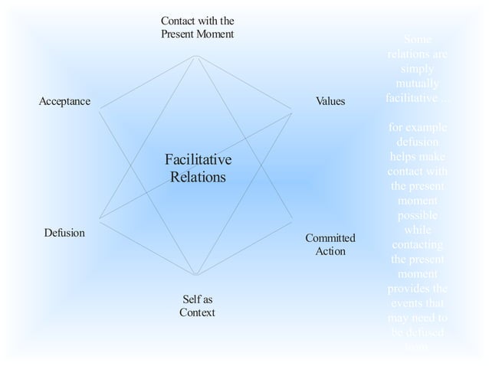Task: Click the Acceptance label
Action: pyautogui.click(x=64, y=102)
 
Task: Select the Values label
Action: pyautogui.click(x=330, y=102)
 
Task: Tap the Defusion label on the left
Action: pyautogui.click(x=64, y=232)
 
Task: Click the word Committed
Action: pyautogui.click(x=330, y=238)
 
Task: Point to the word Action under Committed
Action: pyautogui.click(x=330, y=251)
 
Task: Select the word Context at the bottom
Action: pyautogui.click(x=197, y=312)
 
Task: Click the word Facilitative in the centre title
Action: pyautogui.click(x=198, y=160)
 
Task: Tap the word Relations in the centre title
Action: pyautogui.click(x=198, y=177)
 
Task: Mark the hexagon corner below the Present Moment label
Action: pyautogui.click(x=197, y=55)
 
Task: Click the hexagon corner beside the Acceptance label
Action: pyautogui.click(x=100, y=106)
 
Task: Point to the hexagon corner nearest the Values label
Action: pyautogui.click(x=293, y=113)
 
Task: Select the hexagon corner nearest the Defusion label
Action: pyautogui.click(x=100, y=218)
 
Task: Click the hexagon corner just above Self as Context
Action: pyautogui.click(x=197, y=275)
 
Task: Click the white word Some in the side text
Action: pyautogui.click(x=417, y=40)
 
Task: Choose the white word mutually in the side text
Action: pyautogui.click(x=417, y=83)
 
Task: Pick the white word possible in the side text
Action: pyautogui.click(x=417, y=215)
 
